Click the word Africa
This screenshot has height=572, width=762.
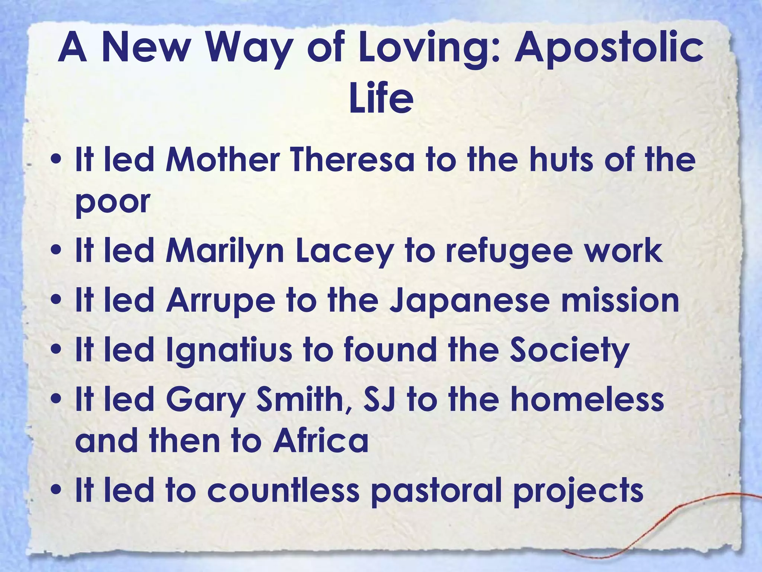tap(320, 441)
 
